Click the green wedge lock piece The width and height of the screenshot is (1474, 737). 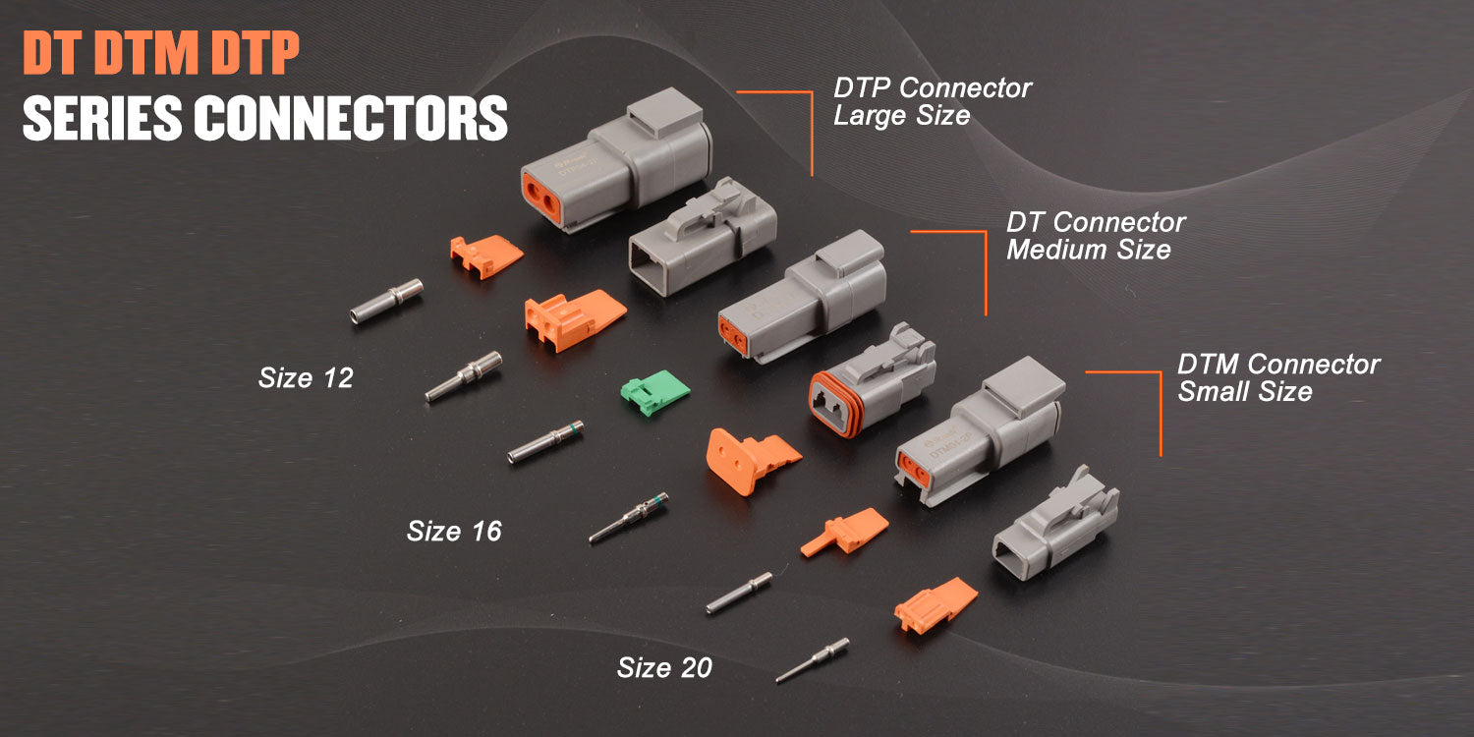655,392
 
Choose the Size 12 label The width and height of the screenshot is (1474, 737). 306,377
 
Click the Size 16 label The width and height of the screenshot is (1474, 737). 454,532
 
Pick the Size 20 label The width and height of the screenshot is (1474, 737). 664,668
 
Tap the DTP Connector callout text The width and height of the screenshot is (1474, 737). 933,87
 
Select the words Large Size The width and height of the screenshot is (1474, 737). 901,115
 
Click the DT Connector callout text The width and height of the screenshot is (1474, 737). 1096,222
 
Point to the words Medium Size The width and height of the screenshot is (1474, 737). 1088,250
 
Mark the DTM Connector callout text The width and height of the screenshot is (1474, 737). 1278,365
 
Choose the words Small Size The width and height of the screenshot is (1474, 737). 1245,392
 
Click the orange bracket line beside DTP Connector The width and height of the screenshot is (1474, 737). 812,128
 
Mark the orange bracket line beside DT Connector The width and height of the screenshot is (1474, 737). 985,270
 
